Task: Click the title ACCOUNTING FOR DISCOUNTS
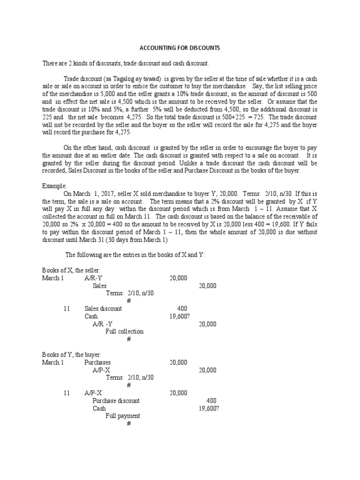[180, 48]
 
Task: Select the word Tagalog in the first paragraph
[109, 78]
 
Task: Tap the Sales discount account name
[103, 308]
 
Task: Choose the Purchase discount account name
[116, 401]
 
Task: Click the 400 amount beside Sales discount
[182, 308]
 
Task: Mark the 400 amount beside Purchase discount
[211, 401]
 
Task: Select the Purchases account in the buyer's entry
[97, 362]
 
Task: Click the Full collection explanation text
[124, 331]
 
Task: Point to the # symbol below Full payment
[128, 423]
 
